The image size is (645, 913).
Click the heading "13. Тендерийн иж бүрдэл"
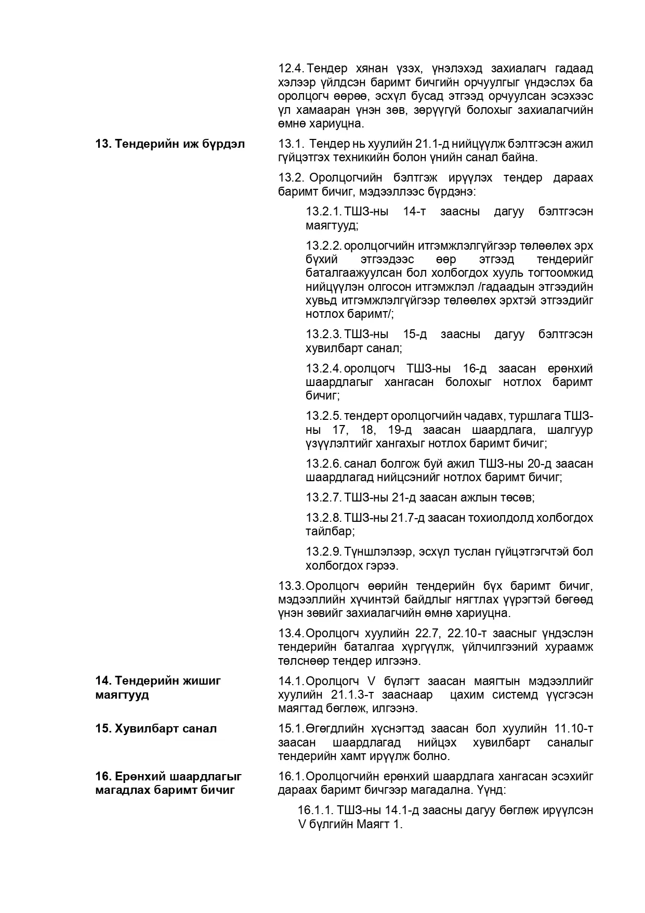[x=170, y=144]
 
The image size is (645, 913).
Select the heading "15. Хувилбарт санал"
[x=156, y=728]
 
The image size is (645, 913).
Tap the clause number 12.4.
[x=291, y=69]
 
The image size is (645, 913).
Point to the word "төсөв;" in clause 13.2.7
[x=518, y=497]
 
